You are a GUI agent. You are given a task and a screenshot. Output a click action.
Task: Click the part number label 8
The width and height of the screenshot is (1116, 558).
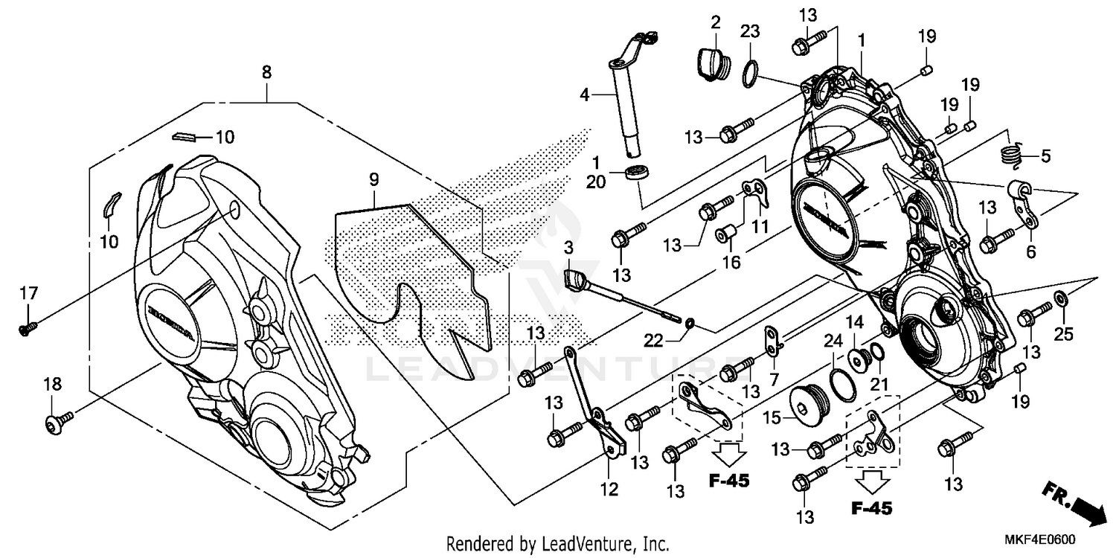tap(266, 72)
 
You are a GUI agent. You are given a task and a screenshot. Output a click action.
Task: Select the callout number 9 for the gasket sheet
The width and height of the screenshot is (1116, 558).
tap(373, 179)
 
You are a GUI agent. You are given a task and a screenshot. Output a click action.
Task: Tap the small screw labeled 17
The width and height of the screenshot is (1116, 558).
tap(28, 326)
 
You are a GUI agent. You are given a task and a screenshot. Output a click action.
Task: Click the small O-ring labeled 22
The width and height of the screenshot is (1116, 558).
tap(690, 323)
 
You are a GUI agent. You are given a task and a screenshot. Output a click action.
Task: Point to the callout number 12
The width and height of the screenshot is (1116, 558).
tap(609, 489)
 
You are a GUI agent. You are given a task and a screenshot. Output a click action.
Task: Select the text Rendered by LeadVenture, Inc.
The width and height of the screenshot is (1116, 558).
tap(557, 543)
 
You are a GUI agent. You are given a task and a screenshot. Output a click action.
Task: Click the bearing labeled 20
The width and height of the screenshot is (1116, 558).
tap(635, 173)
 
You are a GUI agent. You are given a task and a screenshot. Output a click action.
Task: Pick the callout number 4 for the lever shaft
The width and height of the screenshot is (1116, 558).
tap(585, 95)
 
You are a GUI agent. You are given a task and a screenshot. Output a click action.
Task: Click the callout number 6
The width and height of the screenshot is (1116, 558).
tap(1030, 252)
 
